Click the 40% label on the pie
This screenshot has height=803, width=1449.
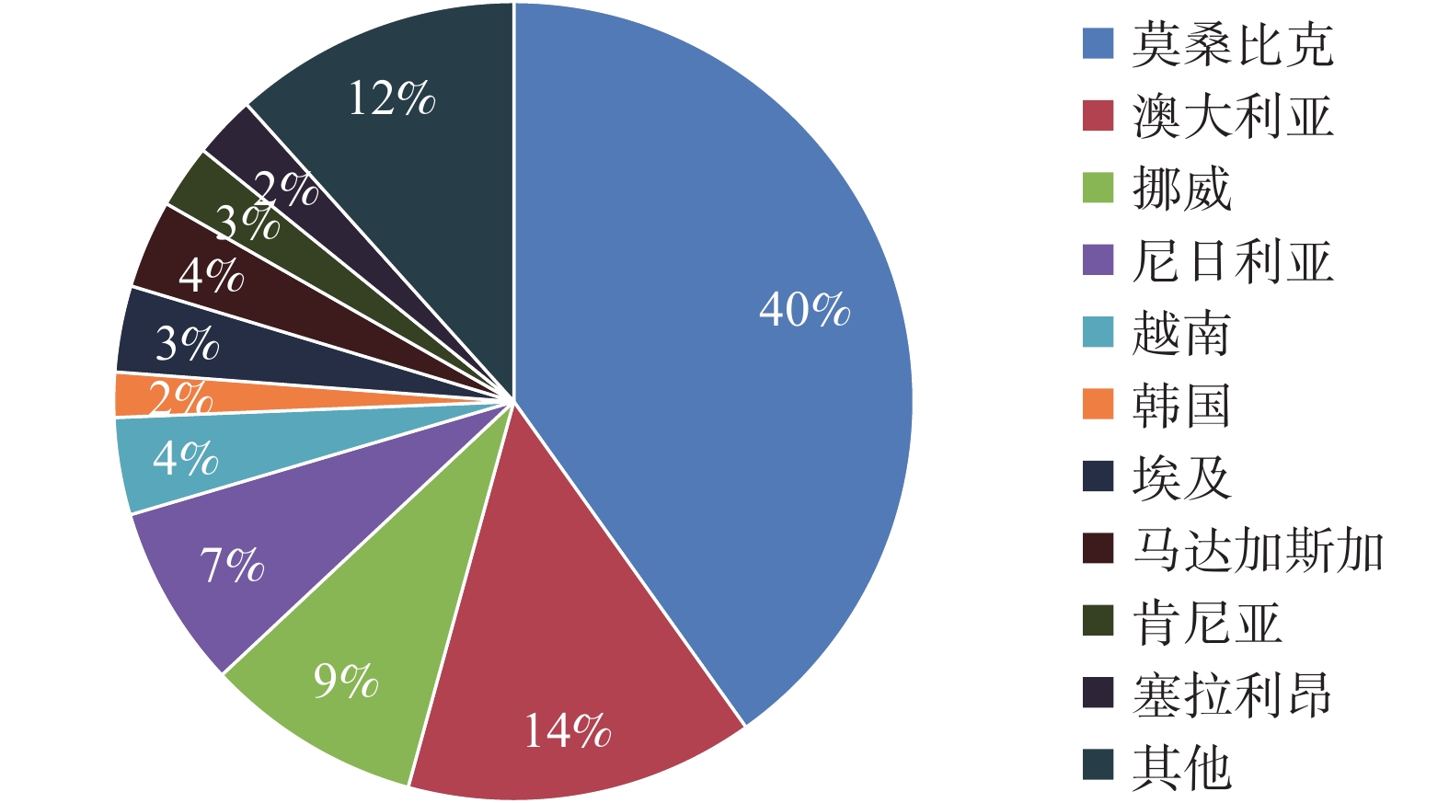[x=804, y=309]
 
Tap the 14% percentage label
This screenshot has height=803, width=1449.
[x=567, y=731]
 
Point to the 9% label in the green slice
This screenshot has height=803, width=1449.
[x=345, y=681]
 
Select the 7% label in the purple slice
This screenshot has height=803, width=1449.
[x=232, y=565]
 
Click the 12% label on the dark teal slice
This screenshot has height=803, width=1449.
[x=391, y=98]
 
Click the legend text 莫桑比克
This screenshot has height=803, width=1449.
[x=1232, y=44]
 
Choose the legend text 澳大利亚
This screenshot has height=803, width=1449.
[x=1232, y=117]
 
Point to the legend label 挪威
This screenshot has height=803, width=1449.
[x=1181, y=189]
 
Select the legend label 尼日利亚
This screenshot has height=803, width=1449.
[x=1232, y=261]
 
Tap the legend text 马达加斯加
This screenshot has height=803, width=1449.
[x=1258, y=550]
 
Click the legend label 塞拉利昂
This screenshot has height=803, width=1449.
[x=1232, y=694]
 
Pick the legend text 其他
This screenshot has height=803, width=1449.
[x=1181, y=767]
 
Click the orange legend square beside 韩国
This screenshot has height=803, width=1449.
[x=1098, y=405]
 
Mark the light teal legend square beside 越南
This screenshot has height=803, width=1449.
[x=1098, y=333]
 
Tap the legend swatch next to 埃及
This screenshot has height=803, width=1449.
[x=1098, y=477]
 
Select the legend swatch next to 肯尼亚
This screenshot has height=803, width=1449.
[x=1098, y=622]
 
